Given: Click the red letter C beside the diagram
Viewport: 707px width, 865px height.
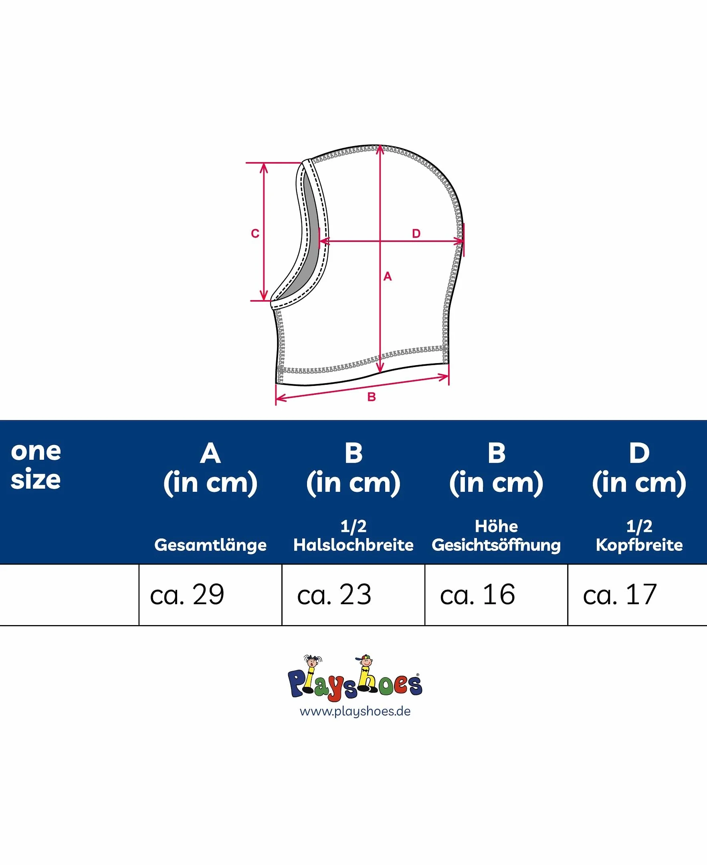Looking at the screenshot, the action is (255, 234).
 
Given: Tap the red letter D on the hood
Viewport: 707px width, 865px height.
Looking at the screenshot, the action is (416, 234).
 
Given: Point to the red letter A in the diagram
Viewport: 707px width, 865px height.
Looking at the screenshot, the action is (387, 276).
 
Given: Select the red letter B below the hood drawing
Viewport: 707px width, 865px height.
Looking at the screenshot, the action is (372, 397).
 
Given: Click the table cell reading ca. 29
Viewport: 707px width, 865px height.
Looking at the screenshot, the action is (210, 594).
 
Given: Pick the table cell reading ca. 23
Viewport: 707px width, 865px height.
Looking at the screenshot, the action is (353, 594).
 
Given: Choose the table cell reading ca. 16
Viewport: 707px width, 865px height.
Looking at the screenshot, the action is (496, 594).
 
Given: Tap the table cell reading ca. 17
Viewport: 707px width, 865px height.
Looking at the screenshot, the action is (637, 594).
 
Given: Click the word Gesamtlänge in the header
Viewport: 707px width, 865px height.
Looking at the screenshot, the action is (210, 545).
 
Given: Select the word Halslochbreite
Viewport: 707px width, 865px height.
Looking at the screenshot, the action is (353, 544).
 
